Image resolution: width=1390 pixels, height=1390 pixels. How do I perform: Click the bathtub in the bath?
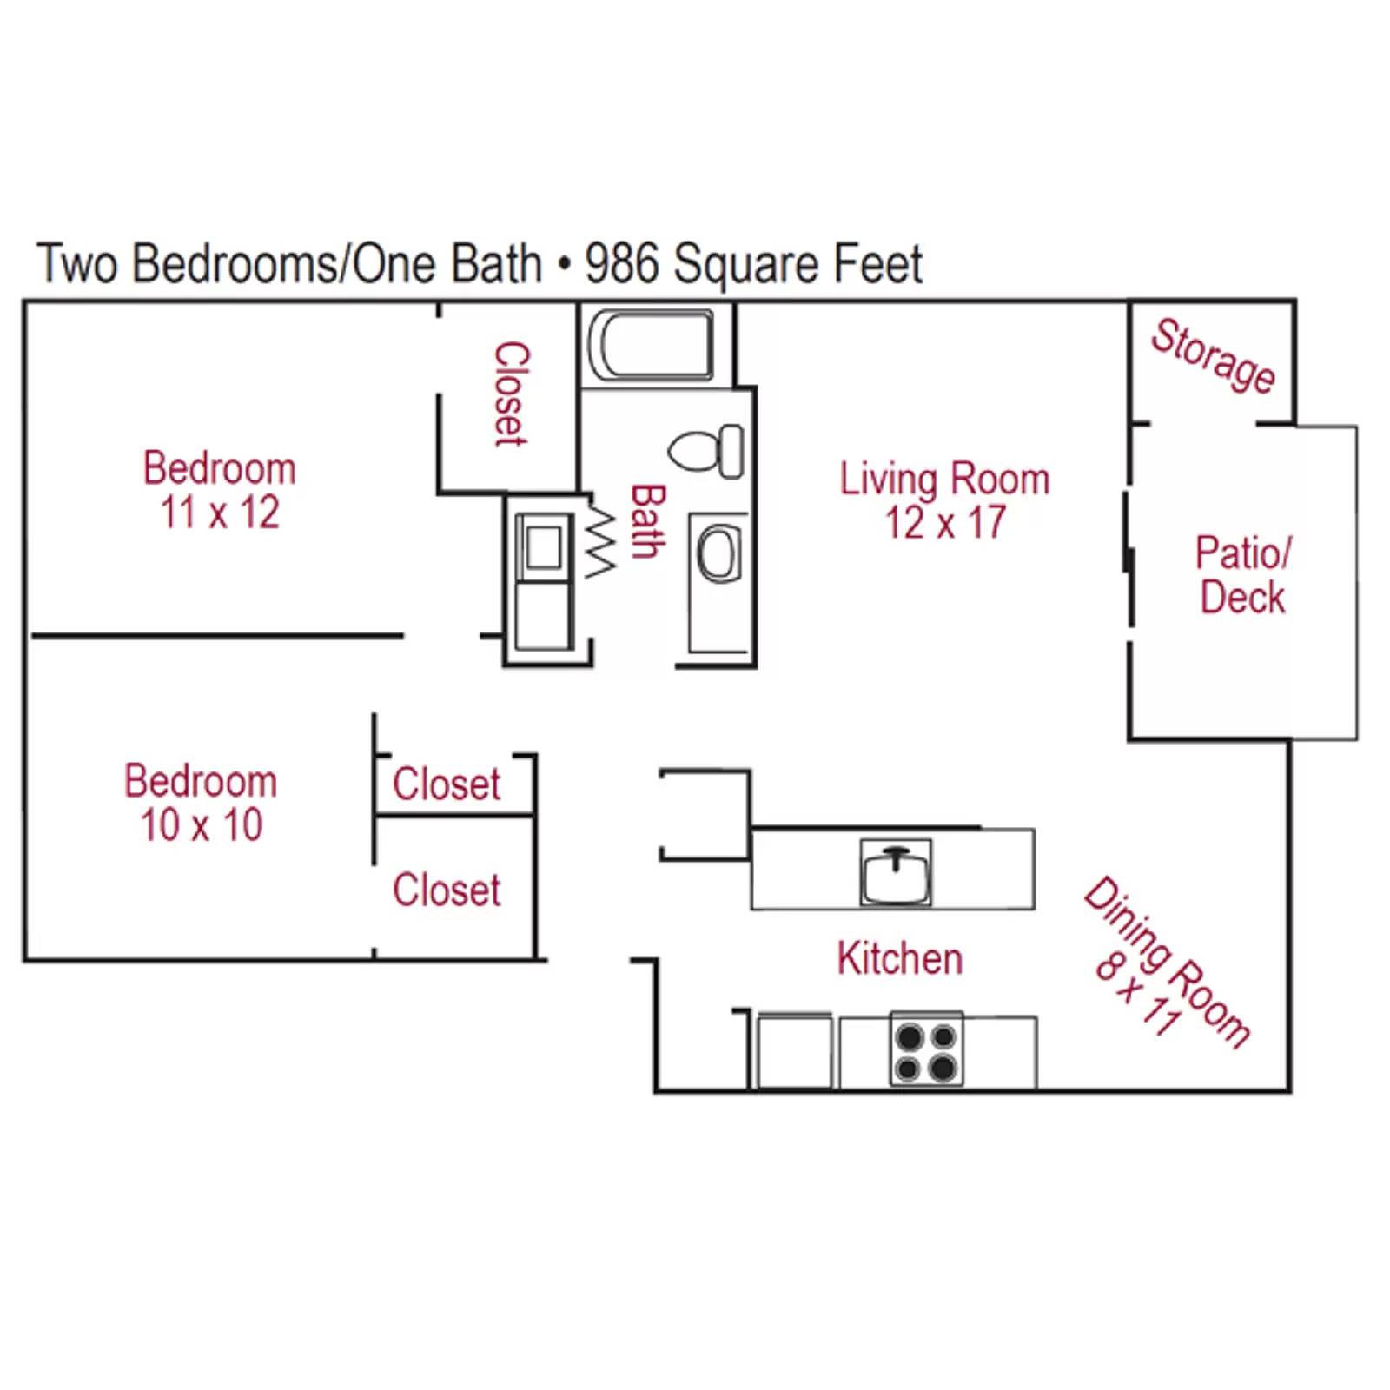tap(651, 345)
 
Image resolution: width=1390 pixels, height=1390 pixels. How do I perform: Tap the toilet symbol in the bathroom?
tap(705, 451)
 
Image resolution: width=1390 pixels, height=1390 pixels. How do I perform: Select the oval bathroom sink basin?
tap(718, 555)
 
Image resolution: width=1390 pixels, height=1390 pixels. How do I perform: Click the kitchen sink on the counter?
tap(896, 871)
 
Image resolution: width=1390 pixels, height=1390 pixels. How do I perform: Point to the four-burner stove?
tap(926, 1049)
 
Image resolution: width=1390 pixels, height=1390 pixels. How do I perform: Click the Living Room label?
tap(944, 479)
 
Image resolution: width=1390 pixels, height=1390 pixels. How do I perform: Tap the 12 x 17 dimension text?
tap(944, 523)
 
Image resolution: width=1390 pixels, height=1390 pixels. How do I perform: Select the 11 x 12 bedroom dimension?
tap(220, 512)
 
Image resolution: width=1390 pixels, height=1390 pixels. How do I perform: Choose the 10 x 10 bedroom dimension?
tap(202, 824)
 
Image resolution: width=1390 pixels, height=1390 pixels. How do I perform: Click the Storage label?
tap(1213, 355)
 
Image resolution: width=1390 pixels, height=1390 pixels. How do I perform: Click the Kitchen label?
tap(900, 958)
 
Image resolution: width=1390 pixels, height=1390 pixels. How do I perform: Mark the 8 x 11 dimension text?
tap(1137, 992)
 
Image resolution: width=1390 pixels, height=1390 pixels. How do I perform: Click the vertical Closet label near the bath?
tap(511, 394)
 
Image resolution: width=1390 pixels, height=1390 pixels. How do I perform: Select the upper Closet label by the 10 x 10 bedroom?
tap(447, 784)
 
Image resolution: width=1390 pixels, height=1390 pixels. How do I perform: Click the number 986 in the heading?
tap(621, 263)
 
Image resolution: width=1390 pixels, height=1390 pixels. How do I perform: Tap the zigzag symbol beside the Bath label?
tap(600, 543)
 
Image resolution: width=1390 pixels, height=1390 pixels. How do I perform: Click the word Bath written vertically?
tap(647, 520)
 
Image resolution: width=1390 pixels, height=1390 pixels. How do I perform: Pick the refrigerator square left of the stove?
tap(794, 1051)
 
